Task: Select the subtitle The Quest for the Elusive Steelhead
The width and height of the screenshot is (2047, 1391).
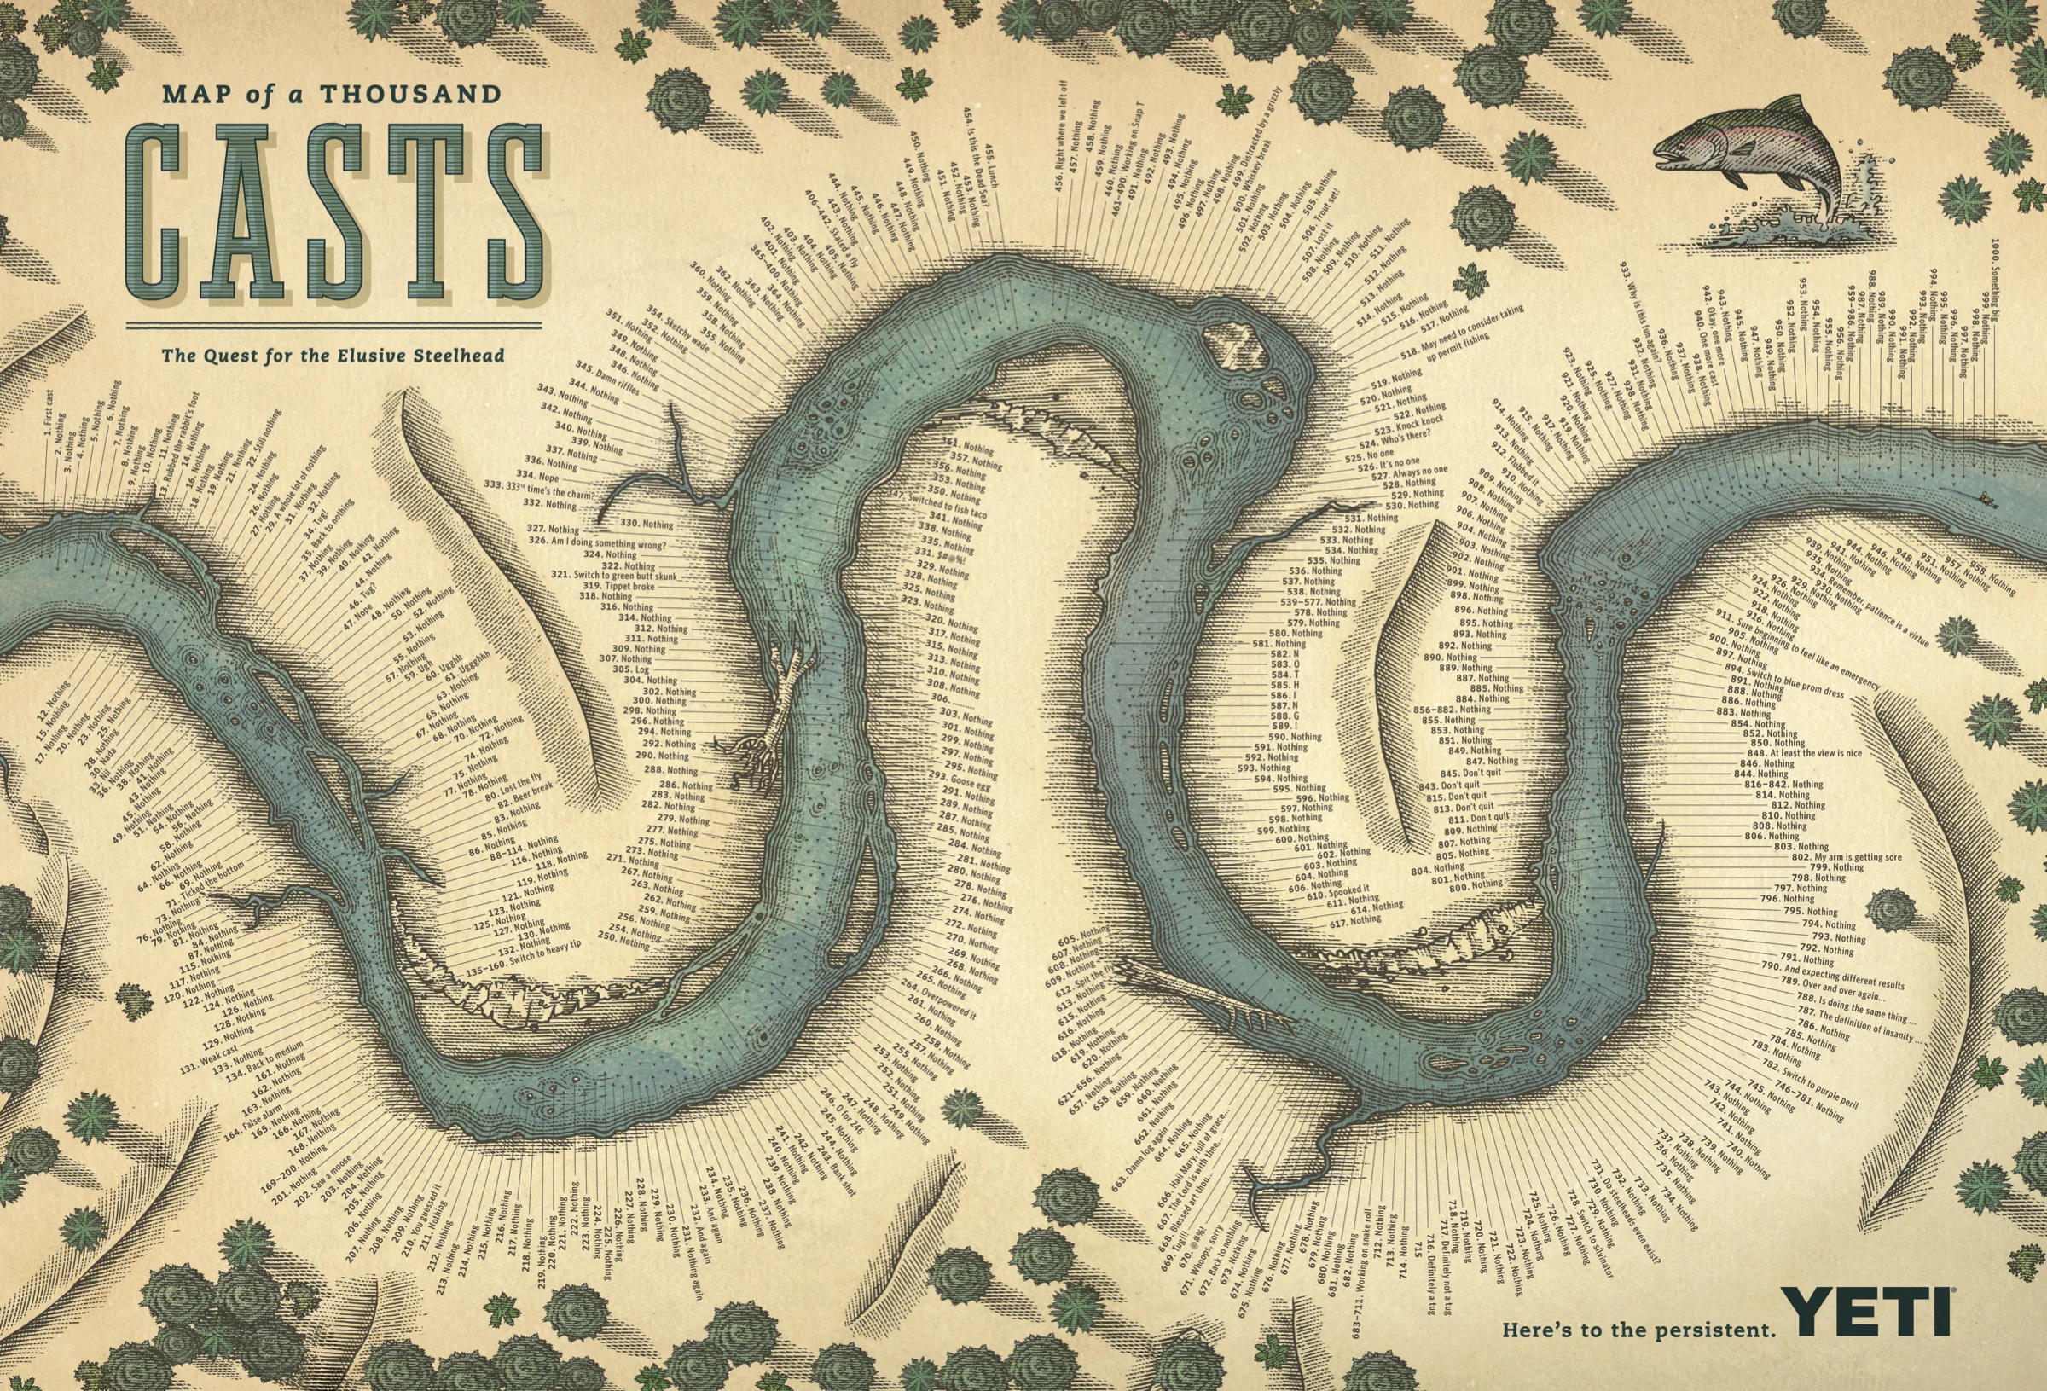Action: (x=333, y=356)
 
